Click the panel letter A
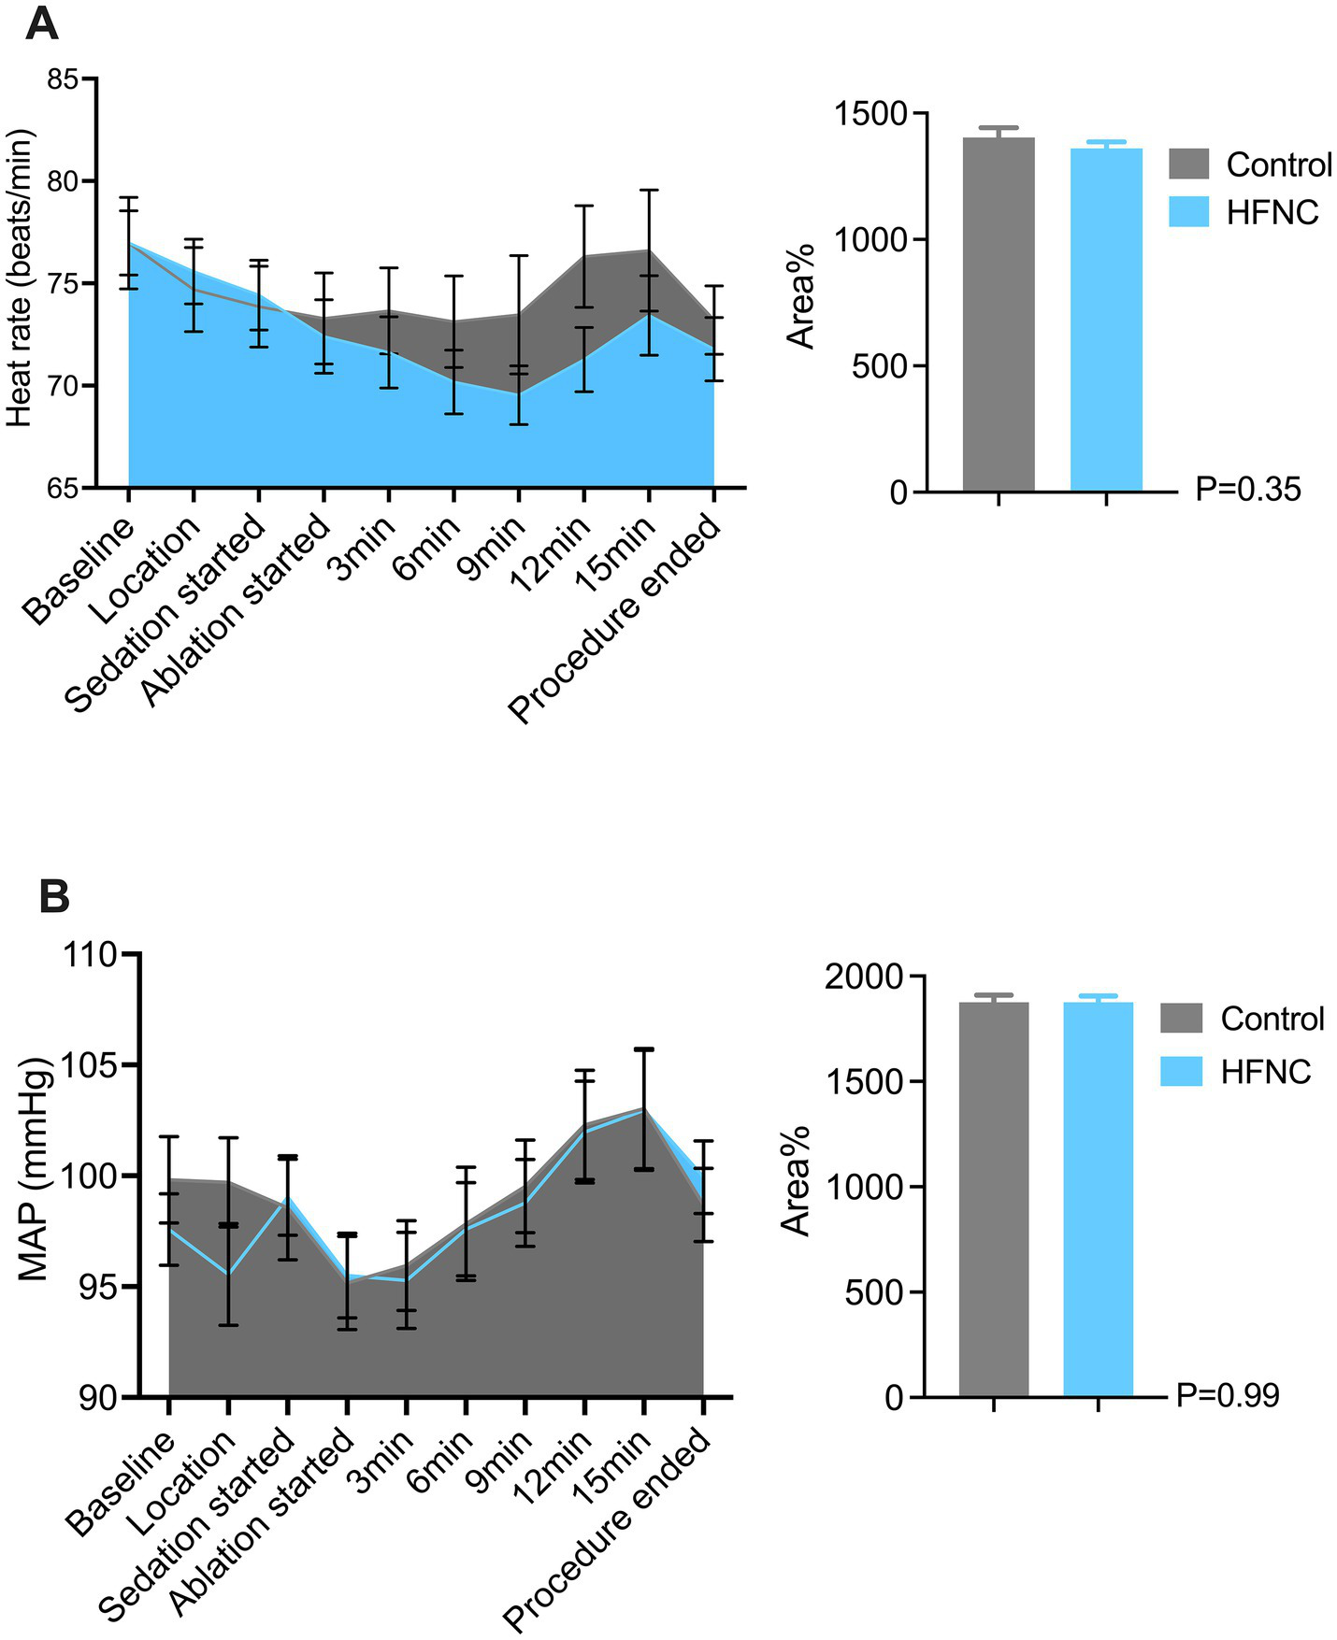point(42,22)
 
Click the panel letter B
point(54,896)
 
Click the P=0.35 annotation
point(1247,489)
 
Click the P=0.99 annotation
point(1227,1395)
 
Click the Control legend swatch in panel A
point(1188,164)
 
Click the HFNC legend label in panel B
point(1265,1071)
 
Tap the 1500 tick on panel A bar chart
point(871,114)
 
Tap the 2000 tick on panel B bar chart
point(866,977)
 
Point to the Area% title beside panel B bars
point(796,1180)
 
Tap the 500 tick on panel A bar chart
point(881,366)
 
